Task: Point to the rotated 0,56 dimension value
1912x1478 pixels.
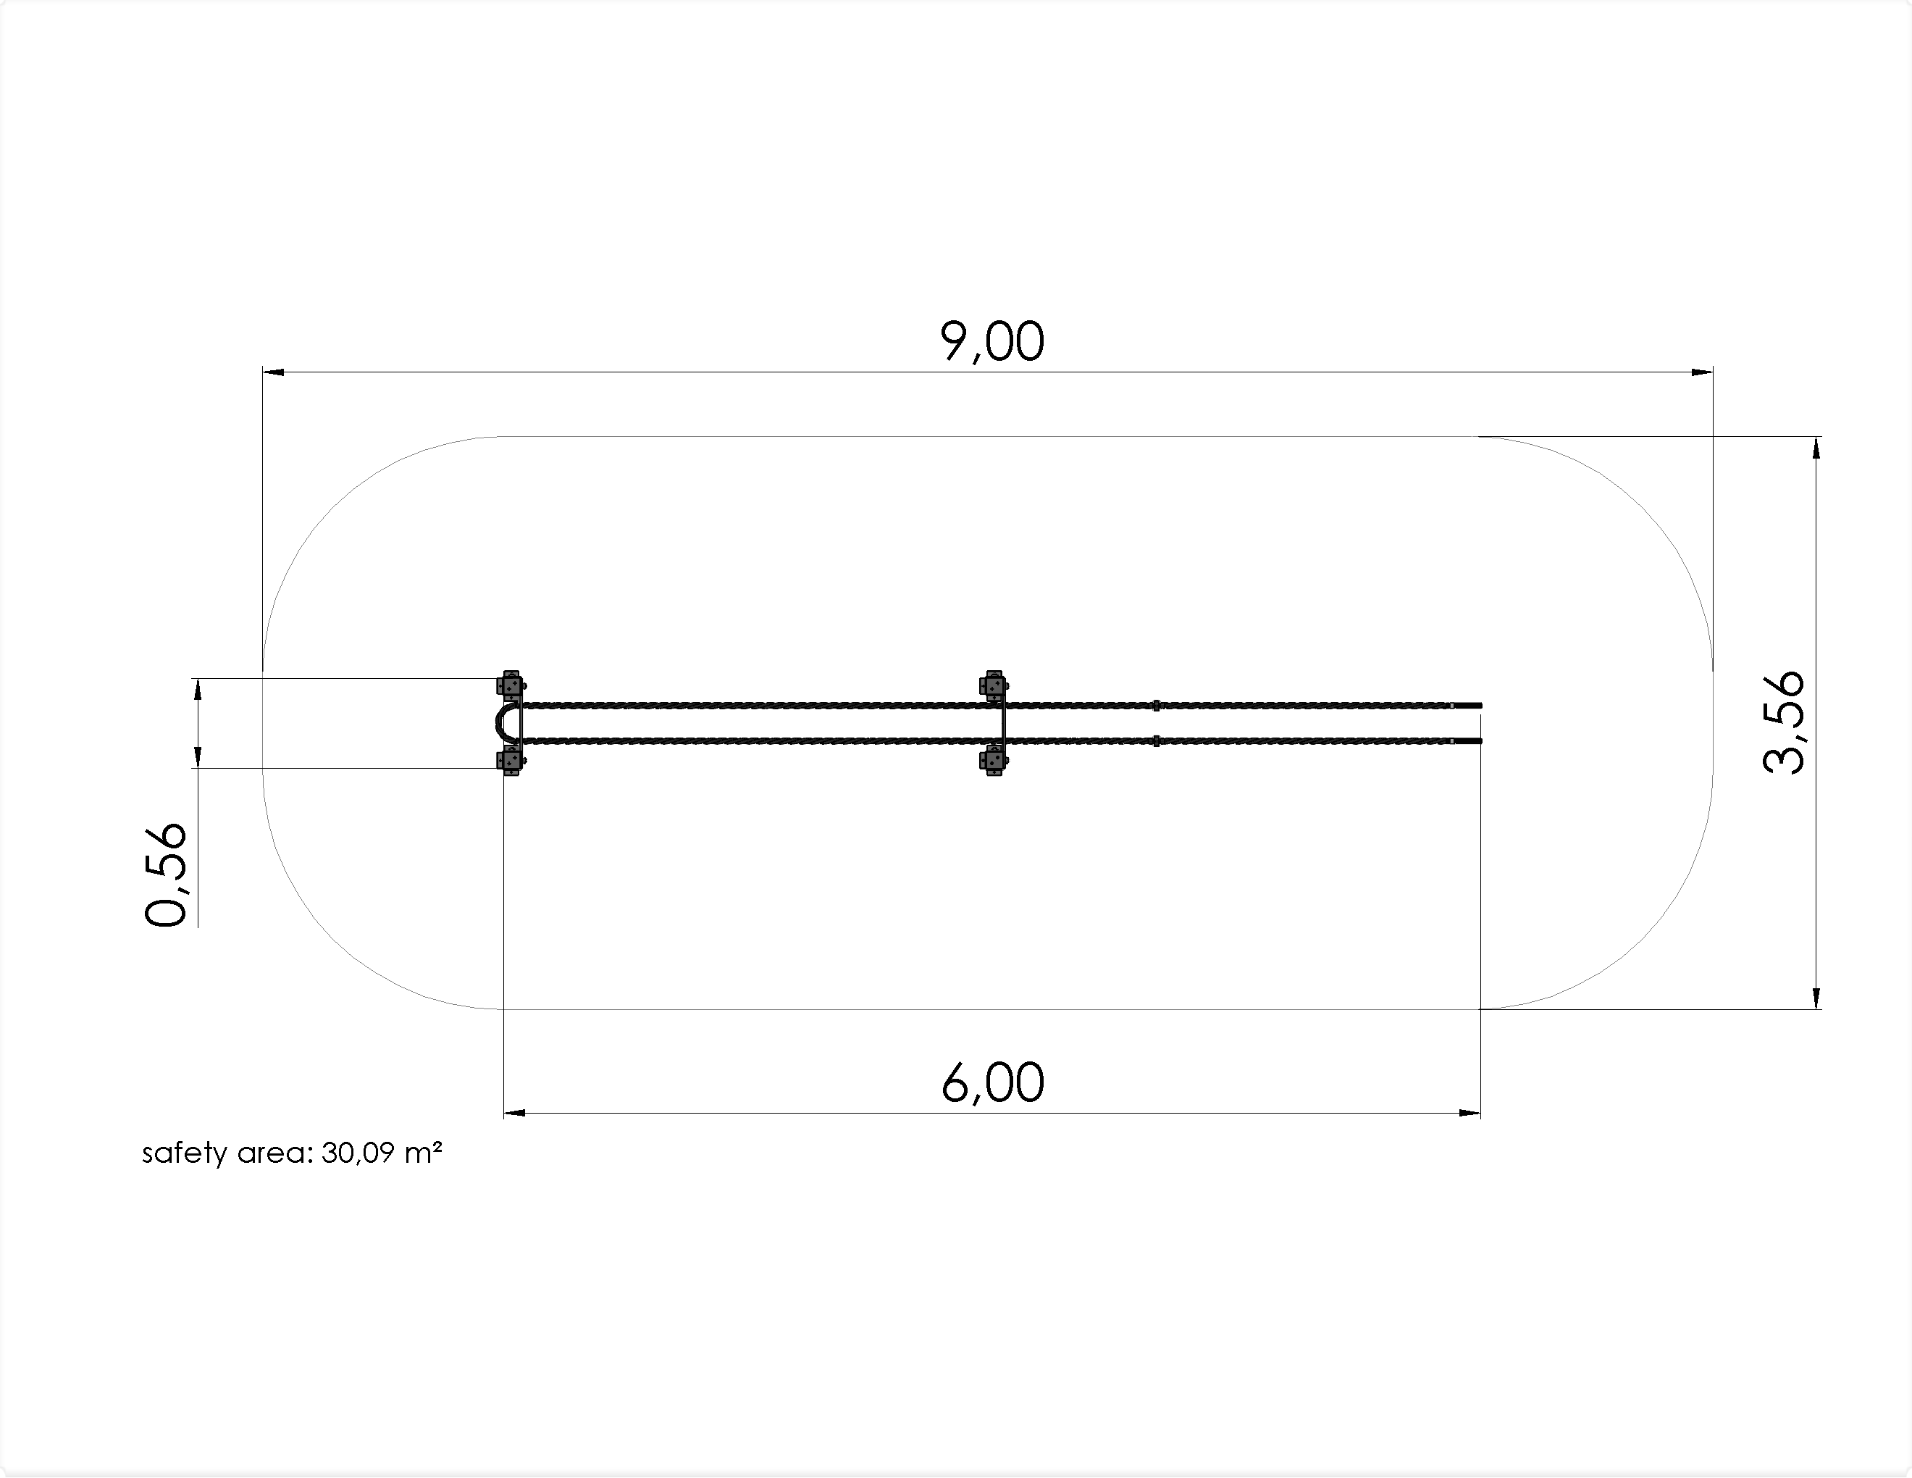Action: [165, 874]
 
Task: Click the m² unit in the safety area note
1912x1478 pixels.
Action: [423, 1152]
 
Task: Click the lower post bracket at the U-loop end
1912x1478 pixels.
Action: [511, 761]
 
